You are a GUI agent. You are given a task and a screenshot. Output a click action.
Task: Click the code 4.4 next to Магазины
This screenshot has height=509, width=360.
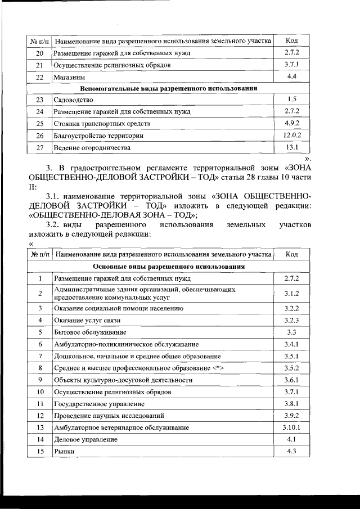[x=291, y=76]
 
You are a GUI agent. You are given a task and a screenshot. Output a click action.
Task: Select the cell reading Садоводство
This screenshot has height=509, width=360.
[x=73, y=100]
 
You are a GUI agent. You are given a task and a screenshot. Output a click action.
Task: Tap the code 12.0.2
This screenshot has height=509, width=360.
[x=292, y=136]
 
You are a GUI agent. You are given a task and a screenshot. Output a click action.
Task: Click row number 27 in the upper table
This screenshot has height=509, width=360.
[x=39, y=148]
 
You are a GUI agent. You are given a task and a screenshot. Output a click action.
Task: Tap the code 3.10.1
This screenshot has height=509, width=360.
[x=292, y=427]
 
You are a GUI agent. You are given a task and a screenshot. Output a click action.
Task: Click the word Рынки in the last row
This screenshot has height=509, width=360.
[x=64, y=451]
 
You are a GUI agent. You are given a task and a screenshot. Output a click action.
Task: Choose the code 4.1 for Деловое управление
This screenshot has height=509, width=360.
[x=291, y=439]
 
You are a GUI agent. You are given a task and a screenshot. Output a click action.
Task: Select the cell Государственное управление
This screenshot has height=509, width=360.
[x=96, y=404]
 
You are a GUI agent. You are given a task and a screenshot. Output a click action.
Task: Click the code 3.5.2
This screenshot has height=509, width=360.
[x=291, y=368]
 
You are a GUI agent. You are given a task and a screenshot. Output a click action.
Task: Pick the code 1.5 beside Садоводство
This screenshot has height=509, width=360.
[x=291, y=100]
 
